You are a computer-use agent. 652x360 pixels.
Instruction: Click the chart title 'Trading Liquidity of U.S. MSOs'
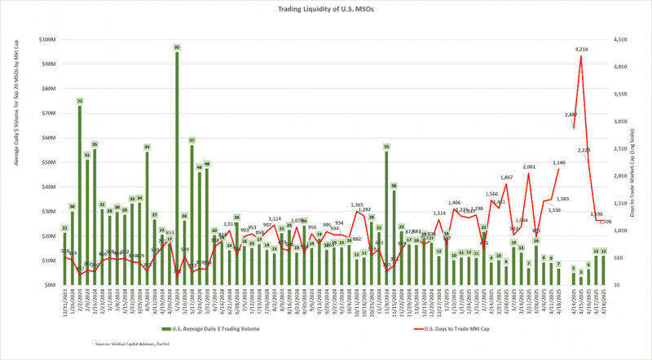[x=325, y=9]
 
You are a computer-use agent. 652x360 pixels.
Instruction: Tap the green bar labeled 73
[x=80, y=195]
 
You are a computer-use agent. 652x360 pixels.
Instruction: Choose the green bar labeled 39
[x=394, y=236]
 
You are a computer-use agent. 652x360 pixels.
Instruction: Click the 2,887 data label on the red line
[x=571, y=115]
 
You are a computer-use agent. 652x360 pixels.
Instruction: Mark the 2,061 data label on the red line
[x=529, y=166]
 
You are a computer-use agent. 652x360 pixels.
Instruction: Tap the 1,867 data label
[x=506, y=177]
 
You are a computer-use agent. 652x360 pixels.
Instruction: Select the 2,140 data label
[x=559, y=163]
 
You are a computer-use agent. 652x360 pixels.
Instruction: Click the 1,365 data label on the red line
[x=357, y=204]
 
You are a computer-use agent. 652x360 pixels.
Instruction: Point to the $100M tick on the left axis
[x=46, y=39]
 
